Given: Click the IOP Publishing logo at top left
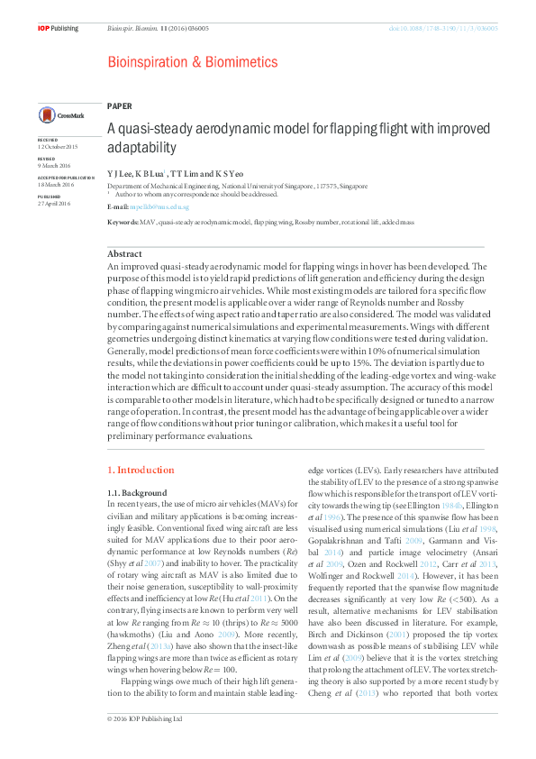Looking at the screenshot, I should (x=58, y=29).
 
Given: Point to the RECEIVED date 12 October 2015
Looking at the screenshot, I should (x=58, y=147).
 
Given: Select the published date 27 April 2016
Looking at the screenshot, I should (x=53, y=204).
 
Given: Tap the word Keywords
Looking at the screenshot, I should (x=123, y=221).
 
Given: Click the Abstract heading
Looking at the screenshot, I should (x=124, y=255).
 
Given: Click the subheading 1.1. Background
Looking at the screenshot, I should (x=137, y=493).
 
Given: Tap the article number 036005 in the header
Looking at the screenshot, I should (x=195, y=29).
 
